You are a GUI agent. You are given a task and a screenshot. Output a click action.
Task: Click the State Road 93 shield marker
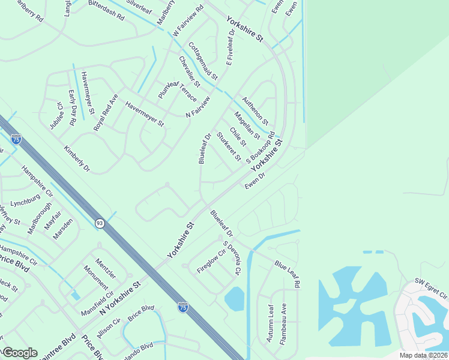tap(98, 223)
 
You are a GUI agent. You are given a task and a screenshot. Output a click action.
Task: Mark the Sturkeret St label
tap(228, 147)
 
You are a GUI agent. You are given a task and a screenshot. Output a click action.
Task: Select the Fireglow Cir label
tap(211, 262)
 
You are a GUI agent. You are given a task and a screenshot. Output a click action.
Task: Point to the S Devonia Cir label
tap(231, 259)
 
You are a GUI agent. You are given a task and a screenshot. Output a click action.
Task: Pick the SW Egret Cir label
tap(431, 289)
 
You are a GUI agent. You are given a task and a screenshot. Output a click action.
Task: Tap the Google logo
tap(20, 353)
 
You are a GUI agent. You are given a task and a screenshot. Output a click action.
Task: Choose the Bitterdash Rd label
tap(105, 14)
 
